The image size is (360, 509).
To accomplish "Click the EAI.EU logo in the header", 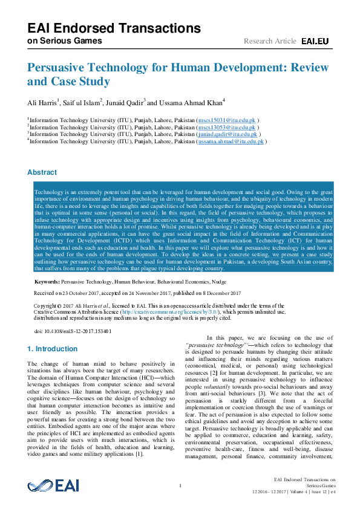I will coord(315,41).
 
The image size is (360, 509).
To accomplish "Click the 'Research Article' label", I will coord(270,41).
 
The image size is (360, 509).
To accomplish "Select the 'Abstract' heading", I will coord(42,172).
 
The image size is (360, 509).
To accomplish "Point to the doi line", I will coord(64,331).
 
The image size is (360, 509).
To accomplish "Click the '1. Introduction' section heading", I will coord(53,349).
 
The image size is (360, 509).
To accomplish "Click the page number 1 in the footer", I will coord(180,485).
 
